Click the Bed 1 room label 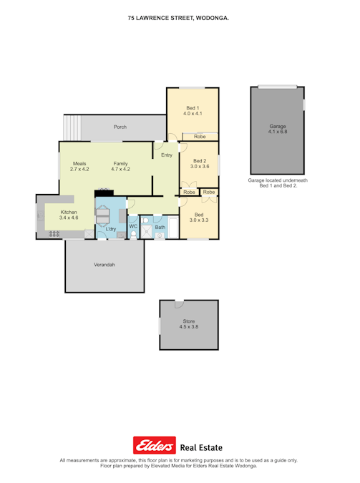click(x=193, y=108)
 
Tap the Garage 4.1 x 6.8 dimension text click(x=278, y=132)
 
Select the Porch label click(x=120, y=127)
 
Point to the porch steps click(x=73, y=127)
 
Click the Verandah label click(x=104, y=265)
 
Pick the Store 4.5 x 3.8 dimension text click(x=189, y=327)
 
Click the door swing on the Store click(x=179, y=304)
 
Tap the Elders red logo click(x=155, y=445)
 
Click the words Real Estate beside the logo click(x=201, y=447)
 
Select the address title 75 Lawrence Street click(x=178, y=18)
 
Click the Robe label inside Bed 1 click(x=200, y=137)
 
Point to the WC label click(x=133, y=226)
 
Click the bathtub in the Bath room click(x=173, y=228)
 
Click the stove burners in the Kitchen click(x=54, y=234)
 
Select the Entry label click(x=167, y=155)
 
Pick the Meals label click(x=79, y=164)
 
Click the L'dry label click(x=111, y=229)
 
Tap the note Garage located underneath click(x=278, y=180)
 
